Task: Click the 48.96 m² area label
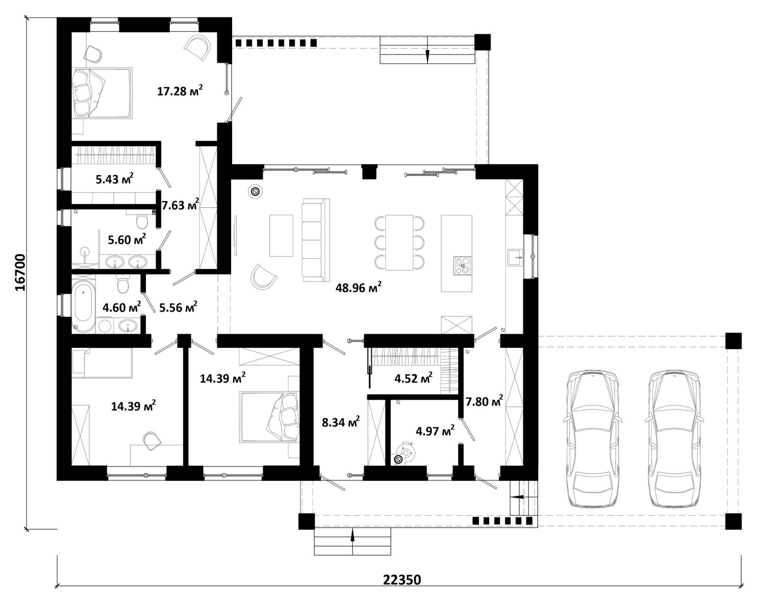pyautogui.click(x=359, y=288)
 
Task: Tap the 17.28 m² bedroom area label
pyautogui.click(x=180, y=91)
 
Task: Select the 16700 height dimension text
pyautogui.click(x=20, y=273)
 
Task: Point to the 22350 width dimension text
pyautogui.click(x=402, y=580)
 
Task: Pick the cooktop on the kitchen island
pyautogui.click(x=462, y=265)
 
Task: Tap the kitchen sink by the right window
pyautogui.click(x=515, y=257)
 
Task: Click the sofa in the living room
pyautogui.click(x=316, y=240)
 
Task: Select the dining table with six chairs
pyautogui.click(x=399, y=242)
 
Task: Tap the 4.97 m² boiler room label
pyautogui.click(x=435, y=430)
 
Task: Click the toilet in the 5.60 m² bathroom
pyautogui.click(x=142, y=220)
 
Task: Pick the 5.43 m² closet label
pyautogui.click(x=115, y=179)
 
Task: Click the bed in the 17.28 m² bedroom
pyautogui.click(x=102, y=93)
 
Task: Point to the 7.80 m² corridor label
pyautogui.click(x=484, y=401)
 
